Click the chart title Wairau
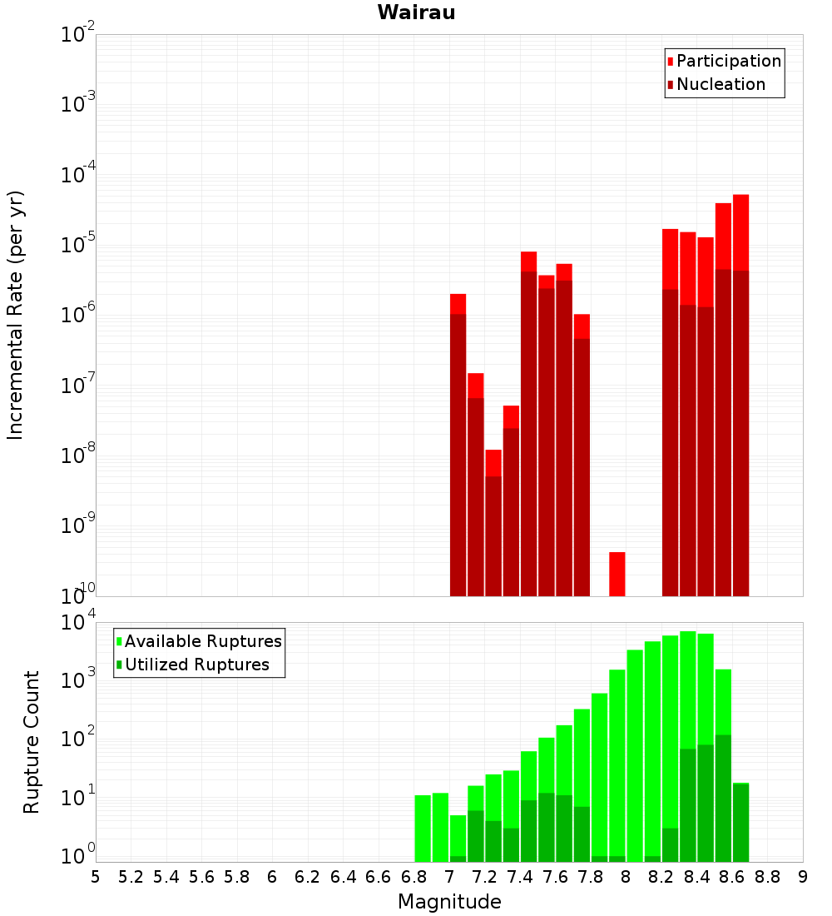click(416, 12)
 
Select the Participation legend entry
click(729, 61)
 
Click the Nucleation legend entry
click(721, 84)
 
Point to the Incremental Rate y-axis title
click(17, 315)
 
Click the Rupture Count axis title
click(32, 742)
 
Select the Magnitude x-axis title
click(449, 902)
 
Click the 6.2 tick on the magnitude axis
click(308, 876)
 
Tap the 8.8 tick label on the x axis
click(768, 876)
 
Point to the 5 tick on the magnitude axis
click(96, 876)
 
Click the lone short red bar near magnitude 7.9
click(617, 574)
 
